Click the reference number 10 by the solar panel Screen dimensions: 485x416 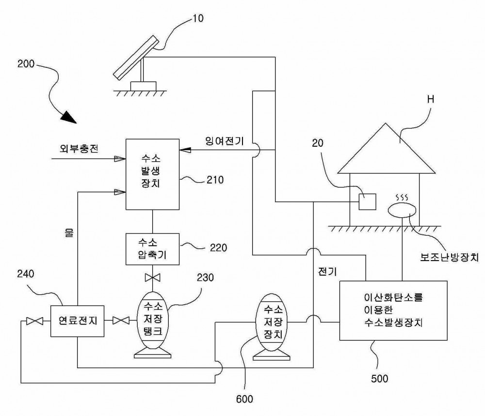pyautogui.click(x=198, y=18)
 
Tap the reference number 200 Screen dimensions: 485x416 pyautogui.click(x=26, y=64)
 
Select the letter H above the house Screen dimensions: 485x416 pyautogui.click(x=431, y=99)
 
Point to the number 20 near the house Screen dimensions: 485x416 pyautogui.click(x=318, y=143)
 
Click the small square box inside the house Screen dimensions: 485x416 pyautogui.click(x=367, y=201)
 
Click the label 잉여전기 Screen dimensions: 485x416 pyautogui.click(x=225, y=141)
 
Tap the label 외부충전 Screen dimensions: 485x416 pyautogui.click(x=79, y=149)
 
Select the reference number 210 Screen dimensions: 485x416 pyautogui.click(x=215, y=180)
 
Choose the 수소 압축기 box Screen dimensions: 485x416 pyautogui.click(x=152, y=249)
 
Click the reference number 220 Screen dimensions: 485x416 pyautogui.click(x=218, y=247)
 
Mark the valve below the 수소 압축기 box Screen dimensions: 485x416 pyautogui.click(x=152, y=277)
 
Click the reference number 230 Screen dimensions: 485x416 pyautogui.click(x=205, y=277)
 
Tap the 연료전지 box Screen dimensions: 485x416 pyautogui.click(x=77, y=321)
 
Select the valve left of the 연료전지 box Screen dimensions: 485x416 pyautogui.click(x=34, y=321)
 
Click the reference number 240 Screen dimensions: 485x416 pyautogui.click(x=26, y=274)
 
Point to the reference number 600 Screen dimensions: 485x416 pyautogui.click(x=244, y=399)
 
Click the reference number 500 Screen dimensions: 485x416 pyautogui.click(x=380, y=379)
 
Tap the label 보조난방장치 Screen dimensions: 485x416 pyautogui.click(x=449, y=257)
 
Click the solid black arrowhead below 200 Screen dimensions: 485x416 pyautogui.click(x=69, y=117)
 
